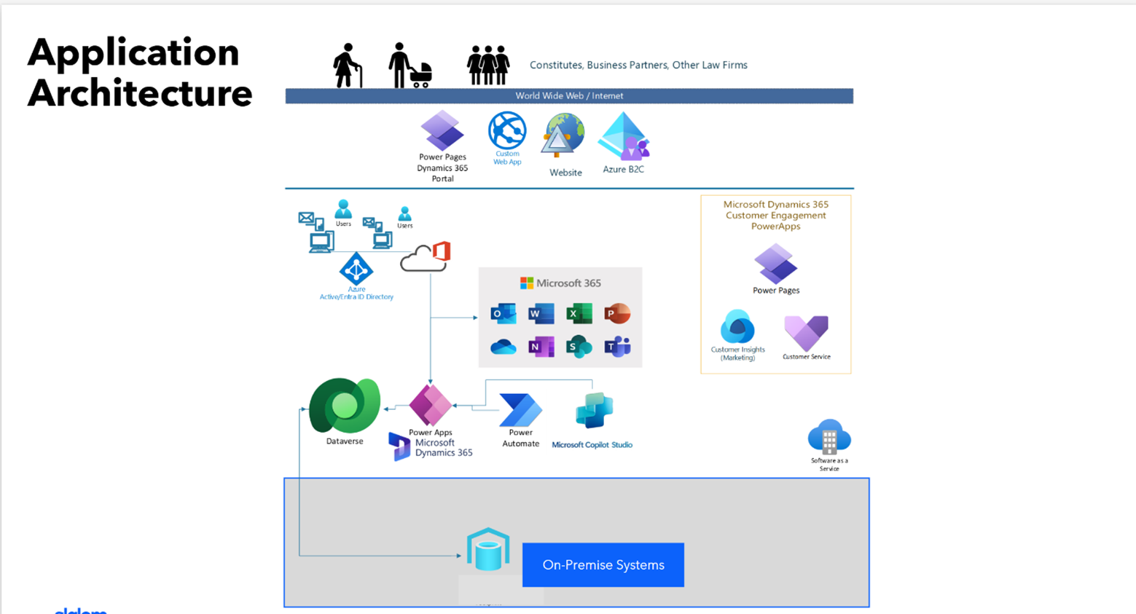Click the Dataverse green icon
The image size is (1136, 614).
(345, 405)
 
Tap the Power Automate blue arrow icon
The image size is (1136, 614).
(520, 409)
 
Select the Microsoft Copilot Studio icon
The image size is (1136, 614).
(594, 411)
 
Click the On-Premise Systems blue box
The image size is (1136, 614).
(603, 564)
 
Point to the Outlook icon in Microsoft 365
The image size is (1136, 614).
(503, 314)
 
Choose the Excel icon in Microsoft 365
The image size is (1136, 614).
(579, 314)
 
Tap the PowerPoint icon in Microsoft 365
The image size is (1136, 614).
(617, 314)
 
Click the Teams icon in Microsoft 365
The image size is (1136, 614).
(617, 347)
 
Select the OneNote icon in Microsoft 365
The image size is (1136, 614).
(541, 347)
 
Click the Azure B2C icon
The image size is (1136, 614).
(624, 137)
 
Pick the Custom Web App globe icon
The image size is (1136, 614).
(507, 131)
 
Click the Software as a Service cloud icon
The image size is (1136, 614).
(829, 437)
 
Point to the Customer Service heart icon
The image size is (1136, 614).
(806, 333)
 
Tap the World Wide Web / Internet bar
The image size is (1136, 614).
(569, 96)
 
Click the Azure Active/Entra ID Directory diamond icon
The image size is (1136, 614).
(356, 269)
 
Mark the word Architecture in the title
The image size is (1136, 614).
(140, 93)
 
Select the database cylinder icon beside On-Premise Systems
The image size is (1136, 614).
(487, 550)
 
